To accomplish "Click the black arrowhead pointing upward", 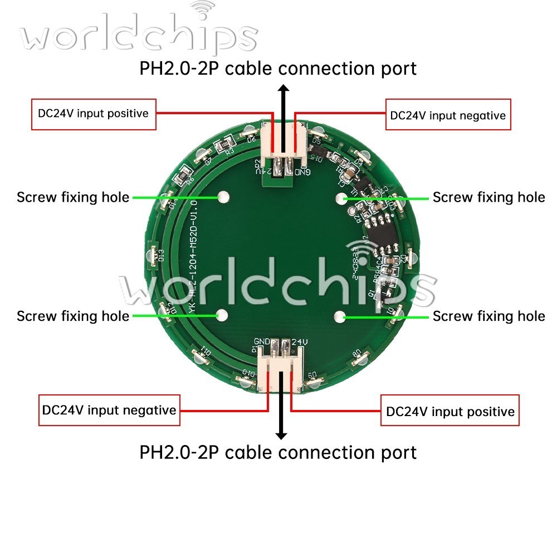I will click(x=284, y=90).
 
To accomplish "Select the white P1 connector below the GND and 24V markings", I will click(x=281, y=367).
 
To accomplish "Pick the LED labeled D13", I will click(x=152, y=255).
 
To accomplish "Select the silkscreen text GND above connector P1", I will click(x=262, y=340).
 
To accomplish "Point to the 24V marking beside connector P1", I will click(x=300, y=340).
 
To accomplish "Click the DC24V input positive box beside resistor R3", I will click(x=93, y=114).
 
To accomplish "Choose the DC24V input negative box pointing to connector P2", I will click(x=448, y=115).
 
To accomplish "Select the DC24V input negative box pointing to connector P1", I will click(x=109, y=411).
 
